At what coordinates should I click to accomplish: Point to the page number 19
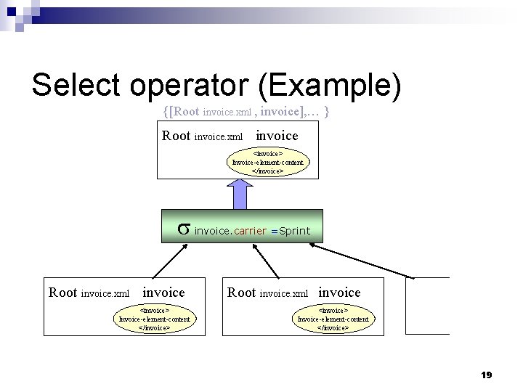click(487, 375)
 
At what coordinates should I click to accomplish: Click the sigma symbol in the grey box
click(184, 229)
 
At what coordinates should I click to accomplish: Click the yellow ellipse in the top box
click(268, 163)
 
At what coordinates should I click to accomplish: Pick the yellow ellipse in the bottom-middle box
click(333, 319)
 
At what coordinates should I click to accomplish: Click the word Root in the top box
click(177, 136)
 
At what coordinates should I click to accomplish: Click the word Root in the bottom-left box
click(62, 293)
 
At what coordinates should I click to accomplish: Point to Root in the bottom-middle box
click(242, 293)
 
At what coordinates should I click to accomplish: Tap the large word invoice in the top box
click(277, 135)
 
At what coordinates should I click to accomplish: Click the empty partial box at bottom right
click(428, 306)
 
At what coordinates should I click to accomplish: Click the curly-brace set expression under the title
click(248, 112)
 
